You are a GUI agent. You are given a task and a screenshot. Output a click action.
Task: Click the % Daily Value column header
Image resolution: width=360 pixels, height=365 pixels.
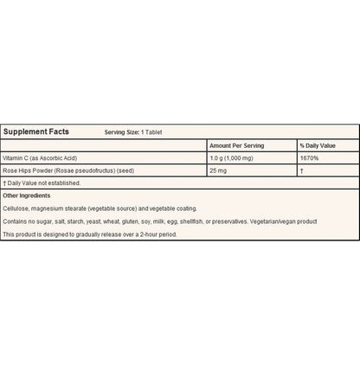[317, 145]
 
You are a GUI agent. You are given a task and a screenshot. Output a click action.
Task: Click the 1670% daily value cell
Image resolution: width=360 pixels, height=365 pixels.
[309, 158]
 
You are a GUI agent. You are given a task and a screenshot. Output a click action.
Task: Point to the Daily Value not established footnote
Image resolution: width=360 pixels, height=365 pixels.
[43, 183]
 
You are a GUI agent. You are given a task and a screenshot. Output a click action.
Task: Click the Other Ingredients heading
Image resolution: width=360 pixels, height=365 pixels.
[28, 196]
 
